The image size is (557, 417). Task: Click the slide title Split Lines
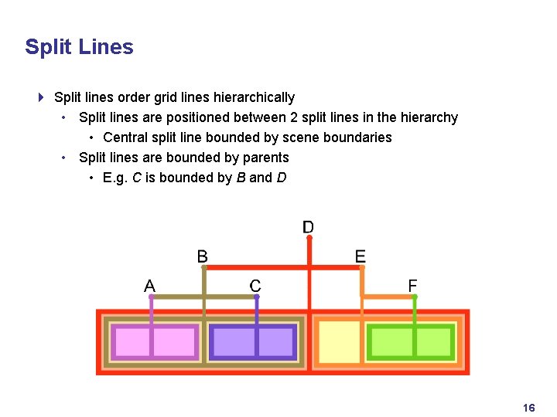(x=79, y=47)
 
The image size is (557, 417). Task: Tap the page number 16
(x=529, y=408)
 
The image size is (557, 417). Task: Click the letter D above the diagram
(x=308, y=227)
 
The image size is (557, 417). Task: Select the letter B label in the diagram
(x=203, y=256)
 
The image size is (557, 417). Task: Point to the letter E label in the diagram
(x=360, y=256)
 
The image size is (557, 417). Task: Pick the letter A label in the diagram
(x=149, y=286)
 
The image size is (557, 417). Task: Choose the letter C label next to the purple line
(x=255, y=286)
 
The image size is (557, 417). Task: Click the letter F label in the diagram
(x=413, y=286)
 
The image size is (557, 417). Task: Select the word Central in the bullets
(x=125, y=137)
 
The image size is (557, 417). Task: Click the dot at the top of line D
(x=309, y=239)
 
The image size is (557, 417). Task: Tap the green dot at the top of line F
(x=414, y=296)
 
